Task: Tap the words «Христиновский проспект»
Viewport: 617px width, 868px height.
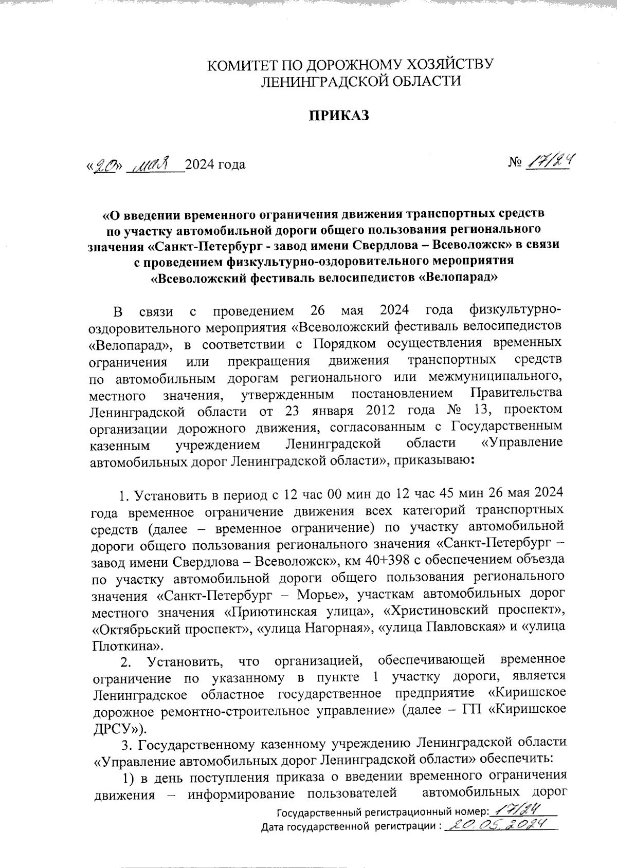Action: pyautogui.click(x=471, y=612)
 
